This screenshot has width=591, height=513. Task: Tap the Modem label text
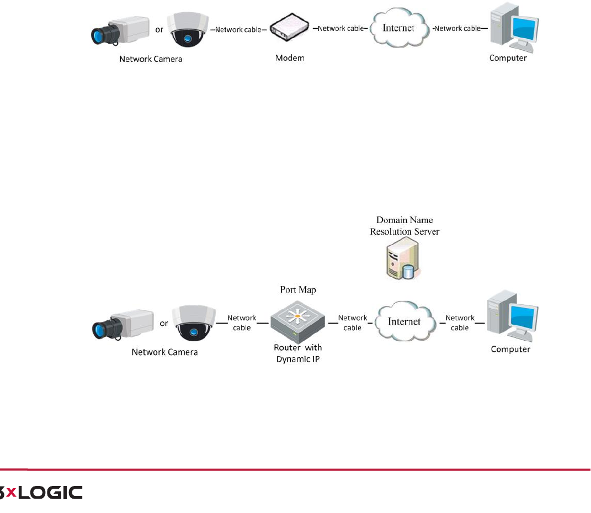290,58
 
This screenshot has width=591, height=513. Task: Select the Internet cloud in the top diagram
399,28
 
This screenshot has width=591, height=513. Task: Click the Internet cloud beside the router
404,321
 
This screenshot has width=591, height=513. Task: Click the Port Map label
298,289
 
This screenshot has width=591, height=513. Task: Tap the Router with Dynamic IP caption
298,353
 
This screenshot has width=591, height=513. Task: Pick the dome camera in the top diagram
187,33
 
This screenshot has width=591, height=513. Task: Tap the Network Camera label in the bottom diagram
164,352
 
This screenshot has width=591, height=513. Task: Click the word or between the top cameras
159,30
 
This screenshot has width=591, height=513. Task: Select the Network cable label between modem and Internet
340,29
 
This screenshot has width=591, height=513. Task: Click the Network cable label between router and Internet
353,322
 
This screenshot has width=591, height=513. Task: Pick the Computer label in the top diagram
508,58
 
